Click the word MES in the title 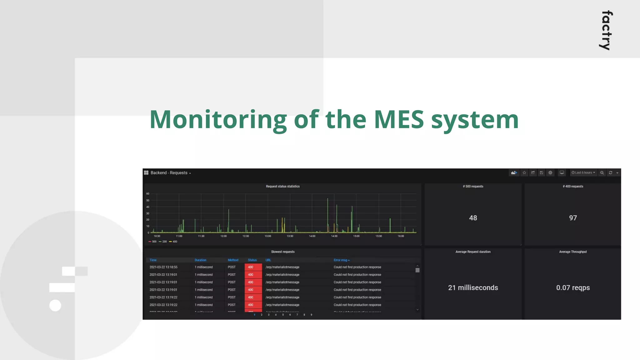pos(399,119)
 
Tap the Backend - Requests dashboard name pos(169,173)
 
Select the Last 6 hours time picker pos(583,173)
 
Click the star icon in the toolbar pos(524,173)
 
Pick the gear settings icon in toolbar pos(550,173)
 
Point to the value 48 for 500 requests pos(473,218)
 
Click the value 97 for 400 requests pos(573,218)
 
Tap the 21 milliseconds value pos(473,287)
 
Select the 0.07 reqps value pos(573,287)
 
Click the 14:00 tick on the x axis pos(312,236)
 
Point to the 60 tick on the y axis pos(148,194)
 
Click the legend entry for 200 pos(163,242)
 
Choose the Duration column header pos(200,260)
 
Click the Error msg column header pos(341,260)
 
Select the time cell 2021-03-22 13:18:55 pos(163,267)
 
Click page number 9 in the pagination pos(311,315)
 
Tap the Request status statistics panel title pos(282,187)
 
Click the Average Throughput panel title pos(573,252)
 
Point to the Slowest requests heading pos(282,252)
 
